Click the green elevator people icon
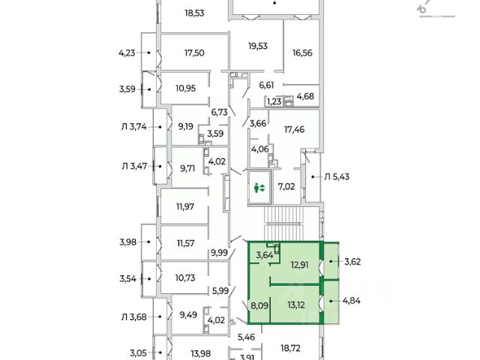260,189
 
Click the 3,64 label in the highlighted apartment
265,255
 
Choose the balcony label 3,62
352,262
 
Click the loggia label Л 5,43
337,176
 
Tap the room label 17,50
194,53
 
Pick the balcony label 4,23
129,52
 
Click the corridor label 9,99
219,252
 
